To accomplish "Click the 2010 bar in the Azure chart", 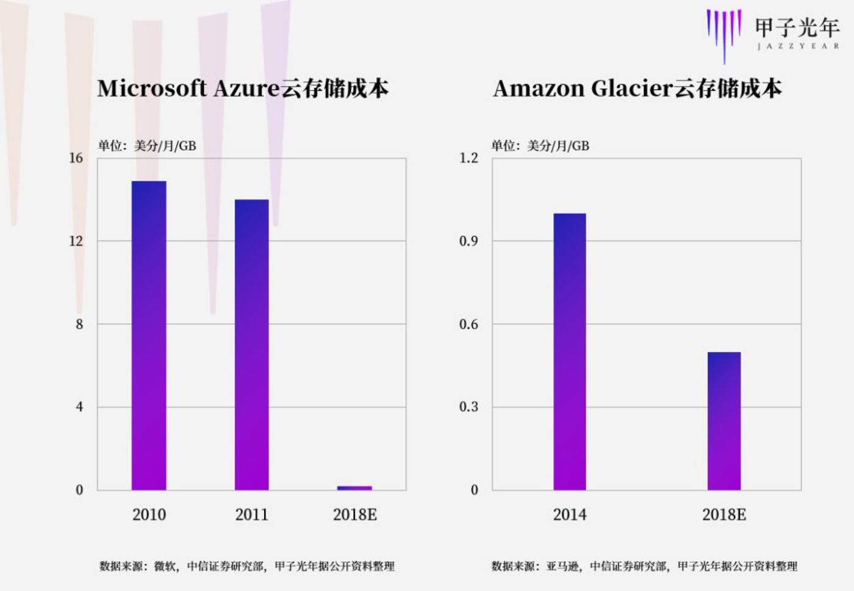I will (149, 335).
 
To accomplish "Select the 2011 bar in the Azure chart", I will (251, 344).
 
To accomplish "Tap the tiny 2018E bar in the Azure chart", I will (354, 488).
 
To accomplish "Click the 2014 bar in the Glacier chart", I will (570, 351).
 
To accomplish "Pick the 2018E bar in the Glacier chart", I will (724, 421).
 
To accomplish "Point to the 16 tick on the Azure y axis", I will (76, 158).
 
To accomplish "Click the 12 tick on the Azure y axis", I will (76, 241).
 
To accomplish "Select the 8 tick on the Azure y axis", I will (79, 324).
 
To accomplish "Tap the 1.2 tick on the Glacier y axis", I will (468, 158).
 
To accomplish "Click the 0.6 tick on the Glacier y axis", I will (468, 324).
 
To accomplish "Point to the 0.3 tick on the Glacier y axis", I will (468, 407).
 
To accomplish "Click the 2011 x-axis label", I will (251, 515).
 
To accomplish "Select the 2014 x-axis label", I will (570, 515).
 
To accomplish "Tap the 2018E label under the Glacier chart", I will (724, 515).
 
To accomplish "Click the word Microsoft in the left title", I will (152, 89).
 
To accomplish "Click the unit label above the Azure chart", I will (147, 145).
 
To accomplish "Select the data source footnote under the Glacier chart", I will (644, 566).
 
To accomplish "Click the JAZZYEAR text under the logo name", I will (798, 46).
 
